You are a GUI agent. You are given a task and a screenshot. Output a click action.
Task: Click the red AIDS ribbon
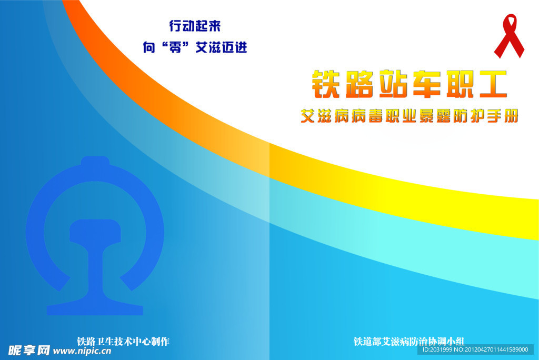(509, 36)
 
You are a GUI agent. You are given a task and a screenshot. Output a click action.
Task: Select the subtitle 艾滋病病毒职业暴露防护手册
(409, 116)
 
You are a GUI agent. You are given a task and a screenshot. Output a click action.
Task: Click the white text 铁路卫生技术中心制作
(123, 341)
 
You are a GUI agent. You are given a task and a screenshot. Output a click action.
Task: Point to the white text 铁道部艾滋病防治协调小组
(408, 342)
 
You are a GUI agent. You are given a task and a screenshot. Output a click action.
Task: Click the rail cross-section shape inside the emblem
(95, 263)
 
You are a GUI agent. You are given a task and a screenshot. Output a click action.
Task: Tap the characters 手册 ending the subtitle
(503, 116)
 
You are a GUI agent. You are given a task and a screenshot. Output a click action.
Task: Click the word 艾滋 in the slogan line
(208, 48)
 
